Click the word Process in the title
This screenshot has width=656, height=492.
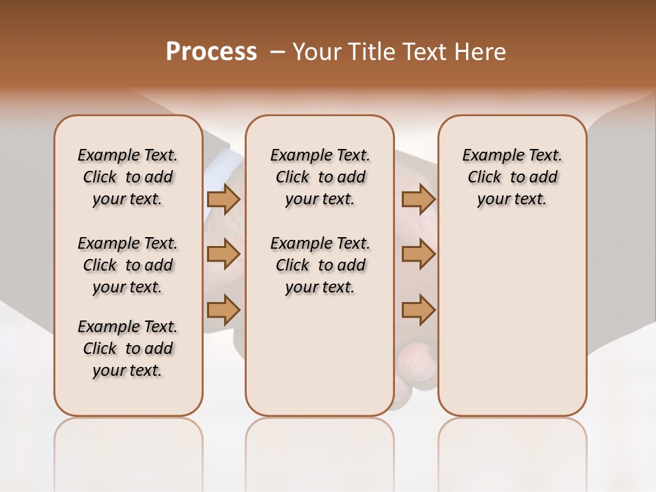(x=211, y=51)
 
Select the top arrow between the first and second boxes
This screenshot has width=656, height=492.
(x=223, y=199)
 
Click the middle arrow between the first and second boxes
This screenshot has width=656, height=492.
(x=223, y=254)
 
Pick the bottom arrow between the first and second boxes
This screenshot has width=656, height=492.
(x=223, y=310)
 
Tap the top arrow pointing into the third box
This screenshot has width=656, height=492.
(x=418, y=199)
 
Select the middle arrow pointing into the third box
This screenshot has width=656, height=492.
(x=418, y=254)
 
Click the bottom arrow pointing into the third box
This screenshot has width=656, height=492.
(x=418, y=310)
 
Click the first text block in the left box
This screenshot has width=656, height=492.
(x=128, y=177)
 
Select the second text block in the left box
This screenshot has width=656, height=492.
(x=128, y=265)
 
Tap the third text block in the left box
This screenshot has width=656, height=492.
(x=128, y=348)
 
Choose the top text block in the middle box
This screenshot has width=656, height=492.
(x=320, y=177)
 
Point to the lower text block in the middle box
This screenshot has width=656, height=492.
(x=320, y=265)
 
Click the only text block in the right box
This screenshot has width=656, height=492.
(x=512, y=177)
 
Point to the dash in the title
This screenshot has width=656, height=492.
(x=277, y=51)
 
